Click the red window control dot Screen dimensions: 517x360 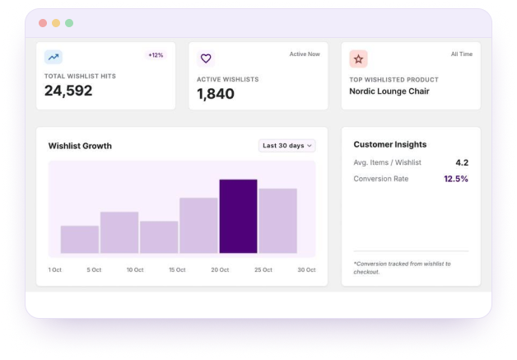pyautogui.click(x=43, y=23)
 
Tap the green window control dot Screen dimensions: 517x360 pyautogui.click(x=69, y=23)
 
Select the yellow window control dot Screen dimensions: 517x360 pyautogui.click(x=56, y=23)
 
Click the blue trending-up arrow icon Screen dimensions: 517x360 pyautogui.click(x=54, y=57)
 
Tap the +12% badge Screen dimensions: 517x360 pyautogui.click(x=156, y=55)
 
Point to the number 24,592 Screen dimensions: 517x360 pyautogui.click(x=68, y=91)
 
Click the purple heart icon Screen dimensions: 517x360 pyautogui.click(x=206, y=58)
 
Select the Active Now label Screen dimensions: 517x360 pyautogui.click(x=305, y=54)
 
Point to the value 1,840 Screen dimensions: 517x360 pyautogui.click(x=216, y=94)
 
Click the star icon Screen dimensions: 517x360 pyautogui.click(x=358, y=59)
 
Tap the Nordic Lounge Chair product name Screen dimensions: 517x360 pyautogui.click(x=389, y=91)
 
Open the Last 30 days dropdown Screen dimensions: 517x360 pyautogui.click(x=286, y=146)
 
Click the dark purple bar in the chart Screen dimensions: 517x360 pyautogui.click(x=238, y=217)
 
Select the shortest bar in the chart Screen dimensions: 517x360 pyautogui.click(x=80, y=240)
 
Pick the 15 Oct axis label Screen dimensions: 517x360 pyautogui.click(x=177, y=270)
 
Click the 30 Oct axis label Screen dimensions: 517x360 pyautogui.click(x=306, y=270)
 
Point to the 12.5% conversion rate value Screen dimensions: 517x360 pyautogui.click(x=456, y=179)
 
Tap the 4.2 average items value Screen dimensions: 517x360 pyautogui.click(x=462, y=162)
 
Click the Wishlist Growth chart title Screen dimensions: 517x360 pyautogui.click(x=80, y=146)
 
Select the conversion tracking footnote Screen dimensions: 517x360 pyautogui.click(x=402, y=268)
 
